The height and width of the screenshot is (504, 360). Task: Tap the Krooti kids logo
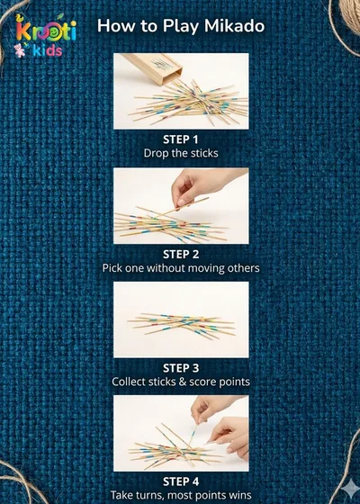pyautogui.click(x=45, y=36)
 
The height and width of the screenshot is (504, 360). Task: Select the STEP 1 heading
pyautogui.click(x=181, y=139)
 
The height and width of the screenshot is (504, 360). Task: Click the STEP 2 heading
pyautogui.click(x=181, y=254)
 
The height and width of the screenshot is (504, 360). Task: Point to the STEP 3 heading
pyautogui.click(x=181, y=368)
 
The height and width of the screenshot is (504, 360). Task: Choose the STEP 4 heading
pyautogui.click(x=181, y=481)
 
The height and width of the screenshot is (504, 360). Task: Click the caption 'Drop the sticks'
pyautogui.click(x=181, y=153)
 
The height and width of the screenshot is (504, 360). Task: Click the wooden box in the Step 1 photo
pyautogui.click(x=152, y=68)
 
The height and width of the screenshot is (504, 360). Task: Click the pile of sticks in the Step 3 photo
pyautogui.click(x=182, y=326)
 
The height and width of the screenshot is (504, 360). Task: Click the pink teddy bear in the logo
pyautogui.click(x=19, y=50)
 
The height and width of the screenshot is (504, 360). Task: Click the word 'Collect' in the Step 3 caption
pyautogui.click(x=128, y=382)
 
